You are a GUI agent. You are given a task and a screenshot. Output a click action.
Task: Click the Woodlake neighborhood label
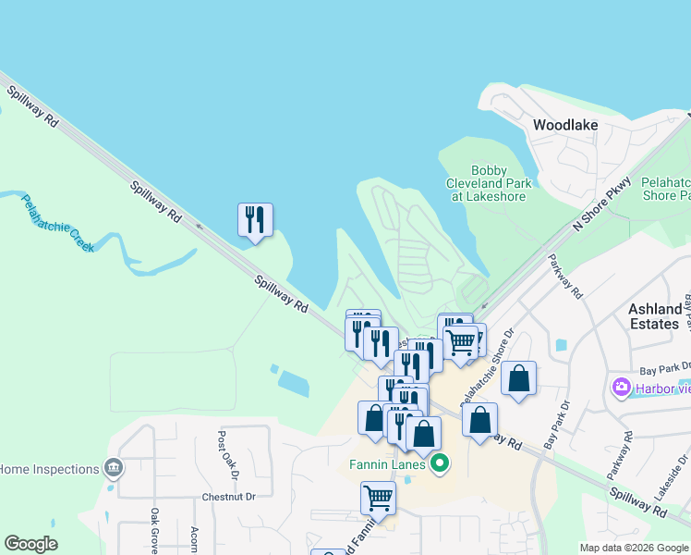point(565,125)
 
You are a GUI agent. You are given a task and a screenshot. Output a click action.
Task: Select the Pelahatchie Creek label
point(56,223)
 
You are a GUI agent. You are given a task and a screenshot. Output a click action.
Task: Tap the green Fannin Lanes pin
point(440,463)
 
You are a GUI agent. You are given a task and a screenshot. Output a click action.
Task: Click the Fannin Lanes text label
point(386,464)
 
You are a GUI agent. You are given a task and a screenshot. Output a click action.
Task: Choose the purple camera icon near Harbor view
point(621,386)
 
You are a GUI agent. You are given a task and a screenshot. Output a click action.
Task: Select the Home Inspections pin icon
point(114,469)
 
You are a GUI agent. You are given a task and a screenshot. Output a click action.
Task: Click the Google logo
point(30,544)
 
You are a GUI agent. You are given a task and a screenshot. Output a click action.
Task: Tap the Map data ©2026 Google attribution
point(634,548)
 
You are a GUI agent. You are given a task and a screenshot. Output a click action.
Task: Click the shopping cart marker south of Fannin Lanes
point(379,499)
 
